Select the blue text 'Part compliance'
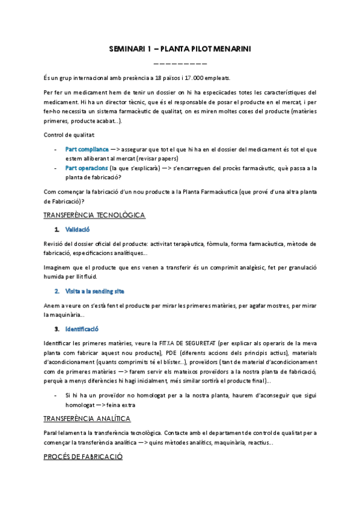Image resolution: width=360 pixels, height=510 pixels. click(x=87, y=149)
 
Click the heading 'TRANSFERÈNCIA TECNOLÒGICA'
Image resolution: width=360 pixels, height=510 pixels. click(x=94, y=215)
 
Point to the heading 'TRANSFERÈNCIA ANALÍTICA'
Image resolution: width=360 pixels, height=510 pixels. click(x=88, y=418)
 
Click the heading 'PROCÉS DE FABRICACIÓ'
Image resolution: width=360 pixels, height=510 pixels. click(x=84, y=456)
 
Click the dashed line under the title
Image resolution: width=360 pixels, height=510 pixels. click(x=180, y=63)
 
